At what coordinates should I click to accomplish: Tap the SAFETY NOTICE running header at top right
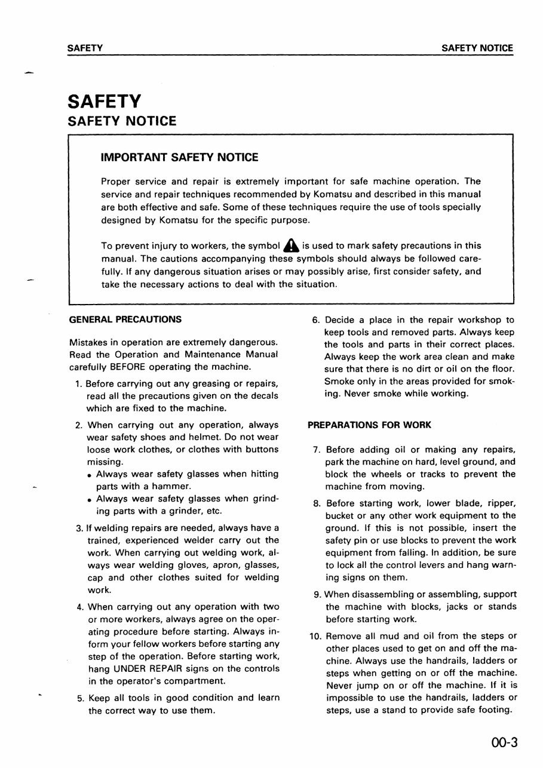(477, 48)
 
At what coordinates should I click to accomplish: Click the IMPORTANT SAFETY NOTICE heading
(180, 158)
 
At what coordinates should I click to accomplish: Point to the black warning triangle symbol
(291, 245)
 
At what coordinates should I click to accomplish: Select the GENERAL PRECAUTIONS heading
(125, 320)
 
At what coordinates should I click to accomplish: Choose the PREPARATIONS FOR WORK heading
(369, 425)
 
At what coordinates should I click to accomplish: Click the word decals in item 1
(264, 395)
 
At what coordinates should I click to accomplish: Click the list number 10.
(316, 636)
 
